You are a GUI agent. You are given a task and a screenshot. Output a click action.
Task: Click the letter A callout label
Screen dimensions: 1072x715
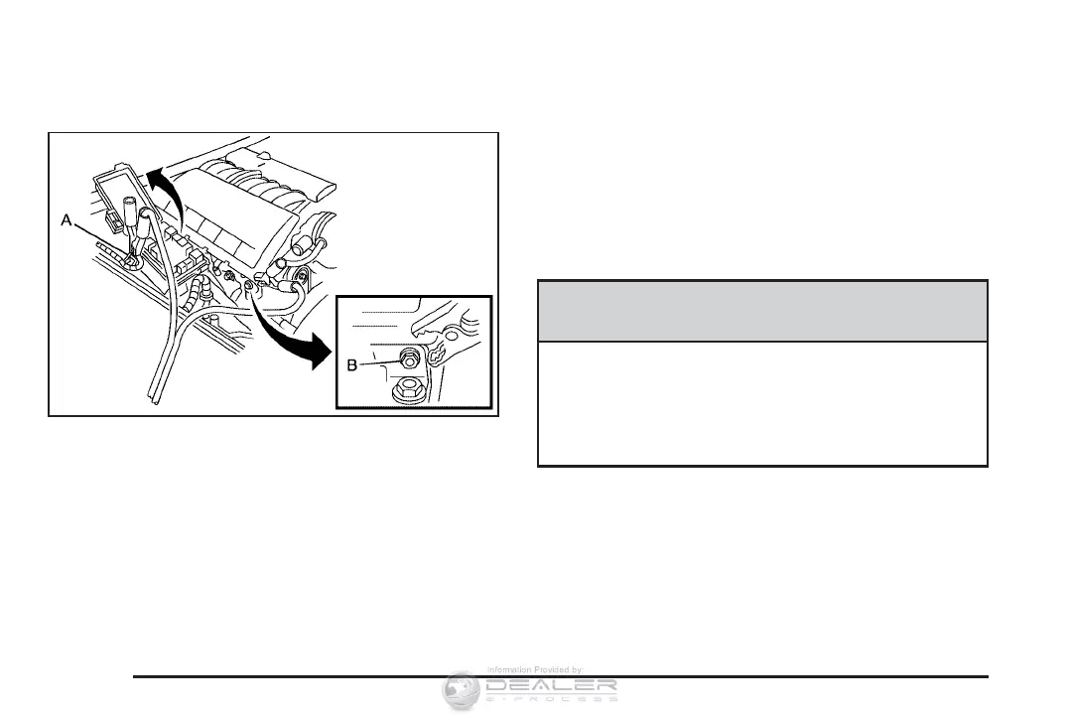67,224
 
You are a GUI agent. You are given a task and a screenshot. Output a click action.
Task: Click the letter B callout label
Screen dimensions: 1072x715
352,365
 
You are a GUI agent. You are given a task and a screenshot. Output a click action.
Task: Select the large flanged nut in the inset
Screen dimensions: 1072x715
407,390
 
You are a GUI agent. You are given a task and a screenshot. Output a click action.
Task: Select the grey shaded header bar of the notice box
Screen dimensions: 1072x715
762,311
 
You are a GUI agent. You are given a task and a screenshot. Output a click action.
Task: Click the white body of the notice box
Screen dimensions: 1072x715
762,403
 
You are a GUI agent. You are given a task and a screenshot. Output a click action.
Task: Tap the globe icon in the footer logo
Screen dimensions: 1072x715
460,689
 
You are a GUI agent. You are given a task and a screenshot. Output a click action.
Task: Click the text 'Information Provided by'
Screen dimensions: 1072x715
534,670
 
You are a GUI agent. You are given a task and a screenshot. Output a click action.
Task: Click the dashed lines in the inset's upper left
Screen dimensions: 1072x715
381,319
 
